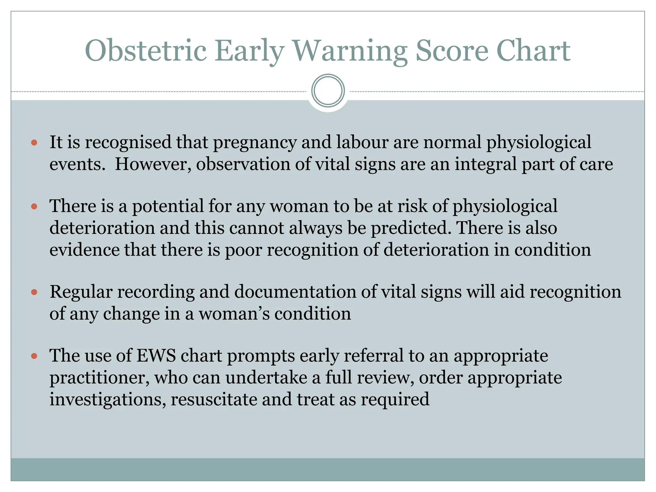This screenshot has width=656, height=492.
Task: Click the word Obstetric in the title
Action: pyautogui.click(x=145, y=51)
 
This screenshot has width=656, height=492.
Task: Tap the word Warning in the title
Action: pyautogui.click(x=350, y=51)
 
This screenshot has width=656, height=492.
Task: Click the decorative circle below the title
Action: pyautogui.click(x=328, y=91)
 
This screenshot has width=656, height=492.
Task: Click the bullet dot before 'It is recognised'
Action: pyautogui.click(x=34, y=142)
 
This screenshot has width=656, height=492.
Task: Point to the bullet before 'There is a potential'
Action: pyautogui.click(x=34, y=206)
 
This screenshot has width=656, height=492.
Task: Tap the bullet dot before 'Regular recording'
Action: pyautogui.click(x=34, y=292)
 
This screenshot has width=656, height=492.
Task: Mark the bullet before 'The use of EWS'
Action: pyautogui.click(x=34, y=356)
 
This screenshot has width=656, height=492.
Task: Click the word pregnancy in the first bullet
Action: pyautogui.click(x=255, y=143)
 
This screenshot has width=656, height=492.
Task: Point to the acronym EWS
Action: pyautogui.click(x=156, y=356)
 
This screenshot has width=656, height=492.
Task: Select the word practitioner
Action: pyautogui.click(x=99, y=378)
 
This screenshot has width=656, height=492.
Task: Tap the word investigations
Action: pyautogui.click(x=108, y=399)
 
